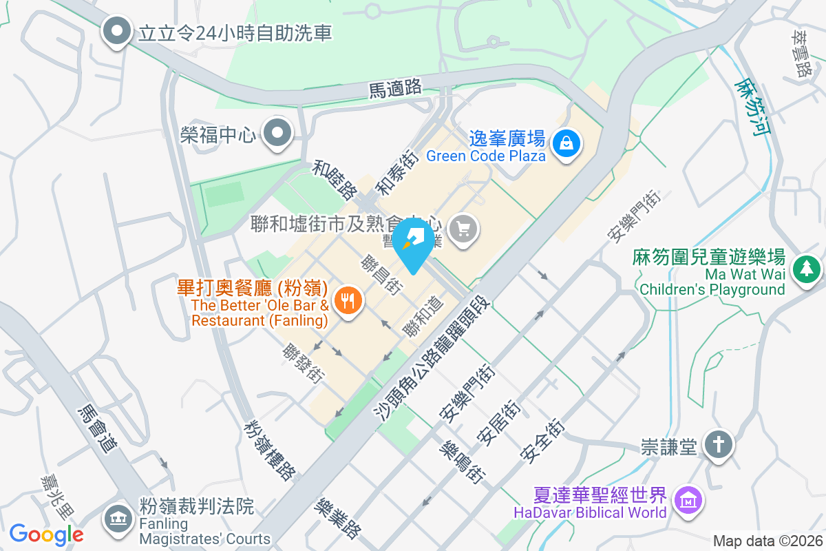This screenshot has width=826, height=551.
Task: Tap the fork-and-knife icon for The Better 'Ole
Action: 349,300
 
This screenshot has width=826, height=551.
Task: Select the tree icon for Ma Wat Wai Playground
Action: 806,269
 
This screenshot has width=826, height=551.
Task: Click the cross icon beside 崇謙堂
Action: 719,446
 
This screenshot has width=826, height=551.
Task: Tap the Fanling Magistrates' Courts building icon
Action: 117,517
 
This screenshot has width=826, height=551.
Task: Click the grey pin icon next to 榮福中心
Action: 279,133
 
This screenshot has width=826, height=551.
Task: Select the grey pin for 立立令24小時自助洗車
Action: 116,31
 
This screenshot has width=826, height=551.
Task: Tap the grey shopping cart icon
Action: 463,227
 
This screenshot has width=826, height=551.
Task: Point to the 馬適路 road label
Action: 395,87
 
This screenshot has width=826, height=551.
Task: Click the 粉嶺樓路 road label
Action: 269,448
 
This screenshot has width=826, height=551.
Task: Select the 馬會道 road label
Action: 97,428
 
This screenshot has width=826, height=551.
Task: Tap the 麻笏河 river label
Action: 750,107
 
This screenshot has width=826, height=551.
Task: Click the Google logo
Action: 46,534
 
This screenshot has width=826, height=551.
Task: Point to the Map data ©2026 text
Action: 767,541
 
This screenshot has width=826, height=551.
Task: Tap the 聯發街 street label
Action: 303,363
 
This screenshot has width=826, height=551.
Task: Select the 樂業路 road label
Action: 337,519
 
